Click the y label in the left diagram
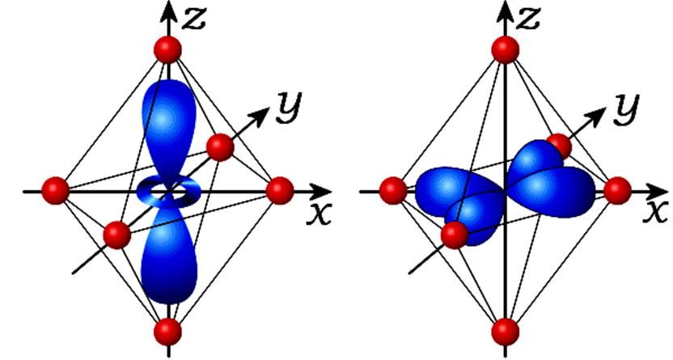tap(289, 108)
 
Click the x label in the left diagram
tap(319, 214)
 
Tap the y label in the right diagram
tap(626, 109)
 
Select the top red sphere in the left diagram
tap(167, 50)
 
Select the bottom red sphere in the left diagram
tap(167, 332)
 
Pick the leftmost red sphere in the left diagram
tap(55, 190)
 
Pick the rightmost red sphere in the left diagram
tap(280, 190)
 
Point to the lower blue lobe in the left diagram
tap(169, 253)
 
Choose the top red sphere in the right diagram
tap(506, 50)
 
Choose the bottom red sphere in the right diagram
tap(506, 332)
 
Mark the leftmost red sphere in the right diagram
tap(393, 190)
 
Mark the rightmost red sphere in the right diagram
tap(618, 190)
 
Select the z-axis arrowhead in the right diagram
tap(506, 11)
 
